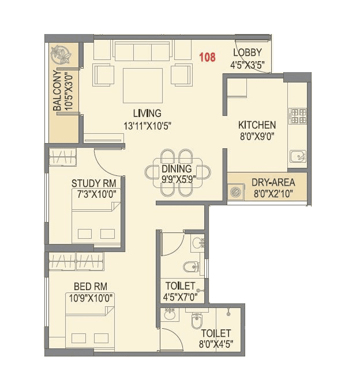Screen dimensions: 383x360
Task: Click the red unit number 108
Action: point(207,57)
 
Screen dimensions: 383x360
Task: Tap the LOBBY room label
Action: point(247,54)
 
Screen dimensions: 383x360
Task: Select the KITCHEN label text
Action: point(257,125)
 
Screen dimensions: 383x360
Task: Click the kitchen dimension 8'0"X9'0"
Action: point(257,137)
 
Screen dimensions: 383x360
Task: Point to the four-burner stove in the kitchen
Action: point(298,117)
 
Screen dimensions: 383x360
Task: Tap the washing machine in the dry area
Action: point(237,192)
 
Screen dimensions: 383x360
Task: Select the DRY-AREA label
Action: point(273,183)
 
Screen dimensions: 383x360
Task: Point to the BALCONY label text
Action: point(57,91)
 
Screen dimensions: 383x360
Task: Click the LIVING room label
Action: point(147,113)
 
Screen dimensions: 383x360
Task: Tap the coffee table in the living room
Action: point(142,84)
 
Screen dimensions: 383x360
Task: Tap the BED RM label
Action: point(90,286)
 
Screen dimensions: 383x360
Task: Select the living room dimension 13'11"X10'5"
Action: point(147,125)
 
